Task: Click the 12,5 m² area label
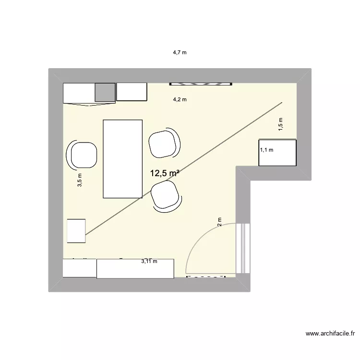(x=165, y=174)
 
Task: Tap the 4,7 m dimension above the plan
(x=180, y=53)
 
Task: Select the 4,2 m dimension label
(x=180, y=100)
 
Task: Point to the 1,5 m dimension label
(x=281, y=124)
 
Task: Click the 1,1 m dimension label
(x=266, y=150)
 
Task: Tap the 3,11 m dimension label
(x=149, y=261)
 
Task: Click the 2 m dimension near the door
(x=219, y=222)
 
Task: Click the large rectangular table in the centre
(x=123, y=158)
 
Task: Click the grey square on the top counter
(x=105, y=92)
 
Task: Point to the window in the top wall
(x=201, y=84)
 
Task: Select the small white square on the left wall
(x=76, y=231)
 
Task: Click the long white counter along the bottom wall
(x=135, y=268)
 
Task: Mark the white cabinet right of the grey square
(x=132, y=92)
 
